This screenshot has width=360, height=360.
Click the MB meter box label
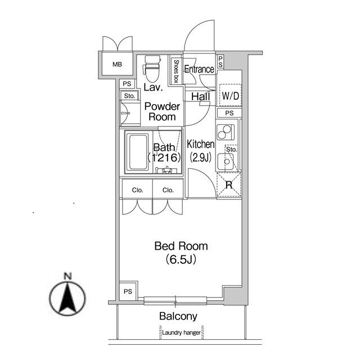click(117, 65)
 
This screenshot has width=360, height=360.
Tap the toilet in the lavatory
click(151, 69)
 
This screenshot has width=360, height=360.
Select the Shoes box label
click(176, 71)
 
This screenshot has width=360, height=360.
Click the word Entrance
click(199, 69)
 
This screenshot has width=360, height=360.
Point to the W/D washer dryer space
click(230, 95)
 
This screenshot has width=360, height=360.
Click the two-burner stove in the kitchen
click(226, 132)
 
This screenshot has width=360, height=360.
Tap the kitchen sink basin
click(226, 161)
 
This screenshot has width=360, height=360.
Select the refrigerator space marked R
click(229, 185)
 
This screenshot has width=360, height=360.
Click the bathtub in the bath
click(138, 152)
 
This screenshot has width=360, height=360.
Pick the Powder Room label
click(162, 111)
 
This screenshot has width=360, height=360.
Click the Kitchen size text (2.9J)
click(201, 157)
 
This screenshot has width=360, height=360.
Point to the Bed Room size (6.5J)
click(181, 260)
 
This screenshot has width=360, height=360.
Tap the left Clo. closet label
click(137, 190)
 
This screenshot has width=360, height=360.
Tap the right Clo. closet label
click(168, 190)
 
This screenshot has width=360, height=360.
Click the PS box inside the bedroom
click(128, 291)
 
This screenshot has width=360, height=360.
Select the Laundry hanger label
click(181, 332)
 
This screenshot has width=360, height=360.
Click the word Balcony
click(178, 316)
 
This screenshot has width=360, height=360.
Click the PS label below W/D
click(229, 113)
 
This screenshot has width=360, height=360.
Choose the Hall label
click(201, 96)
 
